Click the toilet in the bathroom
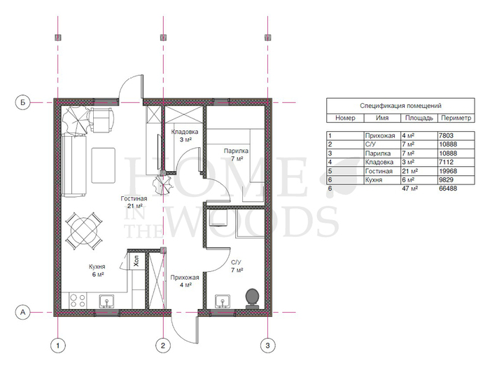point(252,299)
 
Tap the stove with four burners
point(78,301)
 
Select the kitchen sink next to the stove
point(107,301)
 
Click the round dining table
point(84,231)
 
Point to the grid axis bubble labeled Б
point(23,102)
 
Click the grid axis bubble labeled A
point(23,313)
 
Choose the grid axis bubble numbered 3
point(267,346)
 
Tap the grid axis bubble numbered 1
point(58,346)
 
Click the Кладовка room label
point(185,132)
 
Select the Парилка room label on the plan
point(236,151)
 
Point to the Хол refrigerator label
point(136,261)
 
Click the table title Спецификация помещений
point(400,106)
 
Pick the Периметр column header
point(456,118)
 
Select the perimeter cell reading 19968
point(448,171)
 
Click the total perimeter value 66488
point(448,189)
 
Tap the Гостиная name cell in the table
point(379,171)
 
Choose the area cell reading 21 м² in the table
point(410,171)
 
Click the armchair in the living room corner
point(101,120)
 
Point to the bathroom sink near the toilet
point(223,301)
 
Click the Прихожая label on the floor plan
point(185,278)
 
